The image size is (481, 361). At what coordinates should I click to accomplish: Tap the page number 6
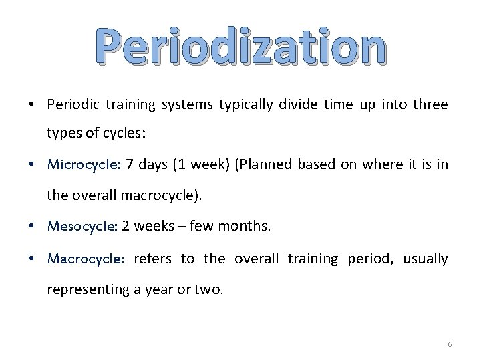(450, 344)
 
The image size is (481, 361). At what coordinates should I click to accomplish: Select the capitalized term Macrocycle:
(85, 259)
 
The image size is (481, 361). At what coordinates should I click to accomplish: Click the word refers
(152, 259)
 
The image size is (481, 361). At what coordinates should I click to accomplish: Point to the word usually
(426, 259)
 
